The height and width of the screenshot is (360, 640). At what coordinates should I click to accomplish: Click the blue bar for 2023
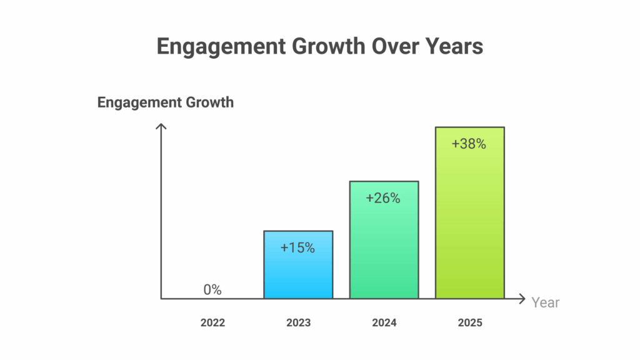[x=298, y=265]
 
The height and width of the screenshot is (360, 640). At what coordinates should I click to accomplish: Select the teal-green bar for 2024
[x=384, y=240]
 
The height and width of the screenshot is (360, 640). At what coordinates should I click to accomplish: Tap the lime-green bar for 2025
[x=470, y=213]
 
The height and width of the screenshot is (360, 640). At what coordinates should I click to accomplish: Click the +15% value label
[x=297, y=247]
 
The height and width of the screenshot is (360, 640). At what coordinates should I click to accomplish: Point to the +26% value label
[x=383, y=198]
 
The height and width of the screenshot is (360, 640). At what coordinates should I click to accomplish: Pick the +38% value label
[x=469, y=144]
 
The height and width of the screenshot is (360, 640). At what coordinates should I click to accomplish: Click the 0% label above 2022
[x=212, y=290]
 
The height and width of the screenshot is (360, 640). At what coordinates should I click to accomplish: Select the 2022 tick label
[x=212, y=323]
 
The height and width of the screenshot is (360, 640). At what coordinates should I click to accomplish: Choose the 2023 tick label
[x=298, y=323]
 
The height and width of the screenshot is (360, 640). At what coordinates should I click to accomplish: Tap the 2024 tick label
[x=384, y=323]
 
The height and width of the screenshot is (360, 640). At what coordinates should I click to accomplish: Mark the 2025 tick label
[x=470, y=323]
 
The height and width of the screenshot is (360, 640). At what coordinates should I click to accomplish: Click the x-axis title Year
[x=545, y=302]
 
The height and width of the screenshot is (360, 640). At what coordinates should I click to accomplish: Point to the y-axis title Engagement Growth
[x=165, y=102]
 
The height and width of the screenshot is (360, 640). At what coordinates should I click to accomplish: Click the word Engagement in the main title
[x=221, y=46]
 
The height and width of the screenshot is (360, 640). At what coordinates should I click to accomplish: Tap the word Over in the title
[x=395, y=46]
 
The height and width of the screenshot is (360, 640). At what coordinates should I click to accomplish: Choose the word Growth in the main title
[x=329, y=46]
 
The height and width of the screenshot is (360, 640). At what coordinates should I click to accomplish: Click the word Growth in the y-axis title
[x=210, y=102]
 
